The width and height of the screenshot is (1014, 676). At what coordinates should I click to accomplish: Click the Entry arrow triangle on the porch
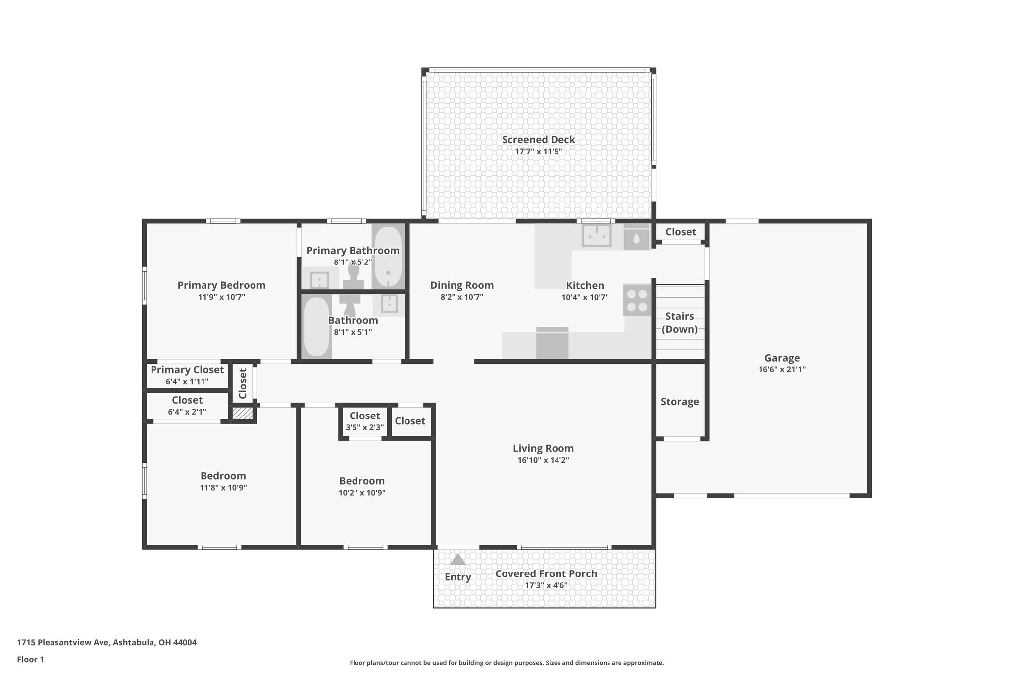(457, 559)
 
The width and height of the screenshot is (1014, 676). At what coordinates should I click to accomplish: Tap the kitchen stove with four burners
(637, 300)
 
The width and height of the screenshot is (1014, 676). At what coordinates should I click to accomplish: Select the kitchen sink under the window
(597, 236)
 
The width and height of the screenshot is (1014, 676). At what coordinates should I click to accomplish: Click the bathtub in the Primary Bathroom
(387, 257)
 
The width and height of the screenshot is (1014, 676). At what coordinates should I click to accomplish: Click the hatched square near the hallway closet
(243, 414)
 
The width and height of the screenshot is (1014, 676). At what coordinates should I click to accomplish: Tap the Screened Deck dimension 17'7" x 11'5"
(538, 152)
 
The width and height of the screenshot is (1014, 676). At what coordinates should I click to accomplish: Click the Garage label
(782, 358)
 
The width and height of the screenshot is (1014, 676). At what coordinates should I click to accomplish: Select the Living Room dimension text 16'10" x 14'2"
(543, 460)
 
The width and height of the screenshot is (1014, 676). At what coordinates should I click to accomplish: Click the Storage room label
(679, 402)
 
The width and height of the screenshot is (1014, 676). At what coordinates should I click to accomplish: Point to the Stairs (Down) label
(679, 323)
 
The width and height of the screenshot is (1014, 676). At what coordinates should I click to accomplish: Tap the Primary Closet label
(187, 370)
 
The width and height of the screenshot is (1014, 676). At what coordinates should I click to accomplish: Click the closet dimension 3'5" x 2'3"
(364, 427)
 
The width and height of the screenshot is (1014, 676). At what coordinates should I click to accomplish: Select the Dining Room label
(461, 285)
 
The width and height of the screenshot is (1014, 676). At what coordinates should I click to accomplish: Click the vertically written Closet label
(243, 383)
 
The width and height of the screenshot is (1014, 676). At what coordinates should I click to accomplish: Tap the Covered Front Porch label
(546, 573)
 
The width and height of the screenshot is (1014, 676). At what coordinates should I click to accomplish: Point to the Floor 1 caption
(30, 659)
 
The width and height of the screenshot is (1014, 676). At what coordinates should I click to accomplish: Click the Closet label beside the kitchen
(680, 232)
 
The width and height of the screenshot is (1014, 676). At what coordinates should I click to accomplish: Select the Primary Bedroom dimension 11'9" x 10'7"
(221, 297)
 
